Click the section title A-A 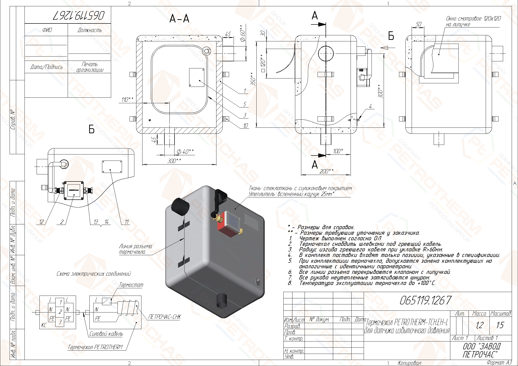point(179,19)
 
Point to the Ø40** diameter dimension point(185,151)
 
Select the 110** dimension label point(127,99)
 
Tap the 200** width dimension point(326,171)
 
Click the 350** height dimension point(253,79)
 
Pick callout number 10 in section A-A point(245,125)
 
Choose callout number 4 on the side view point(370,106)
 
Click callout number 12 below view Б point(41,222)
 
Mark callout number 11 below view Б point(127,222)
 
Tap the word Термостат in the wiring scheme point(131,285)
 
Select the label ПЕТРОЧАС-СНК point(164,317)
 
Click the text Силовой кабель point(106,334)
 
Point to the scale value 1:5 point(500,325)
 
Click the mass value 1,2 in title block point(479,325)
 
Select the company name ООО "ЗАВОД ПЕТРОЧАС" point(481,350)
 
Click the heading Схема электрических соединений point(94,274)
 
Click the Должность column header point(90,30)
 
